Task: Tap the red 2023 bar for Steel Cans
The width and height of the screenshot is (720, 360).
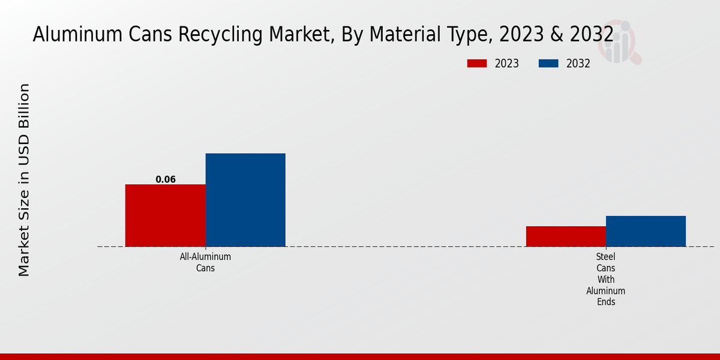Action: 566,236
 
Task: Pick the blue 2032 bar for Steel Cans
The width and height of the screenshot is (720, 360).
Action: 646,231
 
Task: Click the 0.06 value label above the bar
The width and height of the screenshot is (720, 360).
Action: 166,179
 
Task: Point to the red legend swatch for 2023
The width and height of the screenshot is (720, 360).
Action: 477,64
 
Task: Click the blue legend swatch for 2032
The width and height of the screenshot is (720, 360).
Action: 548,64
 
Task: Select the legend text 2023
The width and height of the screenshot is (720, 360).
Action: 507,64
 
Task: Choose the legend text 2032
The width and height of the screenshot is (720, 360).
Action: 578,64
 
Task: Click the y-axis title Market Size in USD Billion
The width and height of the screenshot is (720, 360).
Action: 24,180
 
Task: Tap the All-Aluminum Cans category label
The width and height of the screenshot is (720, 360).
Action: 205,262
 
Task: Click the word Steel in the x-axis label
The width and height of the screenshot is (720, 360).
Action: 606,257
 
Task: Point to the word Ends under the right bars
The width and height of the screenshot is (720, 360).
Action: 606,302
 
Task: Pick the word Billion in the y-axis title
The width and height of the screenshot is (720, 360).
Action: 24,106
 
